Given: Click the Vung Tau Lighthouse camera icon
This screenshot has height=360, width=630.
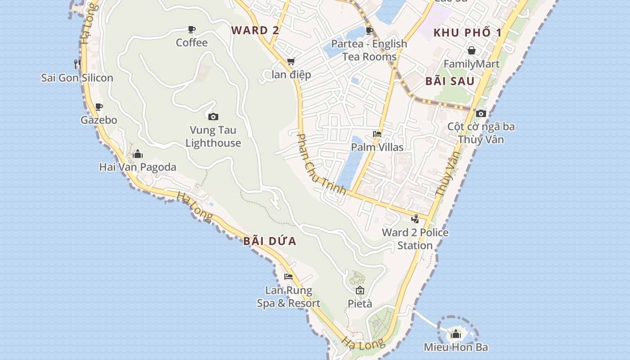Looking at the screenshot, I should click(213, 117).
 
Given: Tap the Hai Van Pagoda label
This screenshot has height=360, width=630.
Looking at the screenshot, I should click(138, 167).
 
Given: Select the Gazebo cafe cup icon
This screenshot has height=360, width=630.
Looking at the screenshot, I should click(99, 107).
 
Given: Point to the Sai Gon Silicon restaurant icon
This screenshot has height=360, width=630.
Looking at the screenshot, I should click(77, 64).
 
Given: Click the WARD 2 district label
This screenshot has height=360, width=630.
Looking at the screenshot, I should click(255, 31).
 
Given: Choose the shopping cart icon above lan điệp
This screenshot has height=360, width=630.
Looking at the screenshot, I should click(291, 62).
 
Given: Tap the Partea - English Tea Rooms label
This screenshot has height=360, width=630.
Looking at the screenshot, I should click(369, 50).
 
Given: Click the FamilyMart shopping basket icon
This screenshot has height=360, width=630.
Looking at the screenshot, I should click(472, 50).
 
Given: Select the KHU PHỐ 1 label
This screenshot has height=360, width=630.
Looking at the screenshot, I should click(467, 32).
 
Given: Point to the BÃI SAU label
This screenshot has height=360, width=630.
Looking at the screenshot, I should click(450, 81).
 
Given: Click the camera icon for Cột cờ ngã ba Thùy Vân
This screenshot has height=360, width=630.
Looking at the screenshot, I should click(481, 113).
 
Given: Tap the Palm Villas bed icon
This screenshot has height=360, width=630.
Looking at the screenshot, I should click(377, 134).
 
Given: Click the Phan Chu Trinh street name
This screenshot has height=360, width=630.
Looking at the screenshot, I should click(321, 164).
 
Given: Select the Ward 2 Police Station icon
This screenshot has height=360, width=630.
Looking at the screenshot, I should click(415, 219).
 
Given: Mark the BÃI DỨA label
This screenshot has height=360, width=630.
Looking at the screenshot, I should click(270, 241).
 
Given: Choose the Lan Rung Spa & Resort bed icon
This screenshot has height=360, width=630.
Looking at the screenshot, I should click(288, 277).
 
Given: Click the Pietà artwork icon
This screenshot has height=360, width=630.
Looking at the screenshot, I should click(360, 290).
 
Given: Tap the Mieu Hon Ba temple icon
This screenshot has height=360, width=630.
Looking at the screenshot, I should click(456, 334).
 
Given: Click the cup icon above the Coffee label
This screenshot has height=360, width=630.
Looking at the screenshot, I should click(192, 30).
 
